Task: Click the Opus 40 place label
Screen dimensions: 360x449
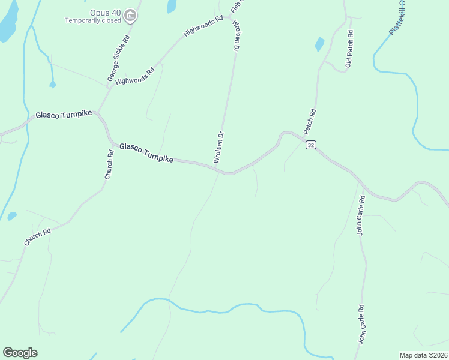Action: [x=105, y=12]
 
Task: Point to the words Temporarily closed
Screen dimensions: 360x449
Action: [x=93, y=20]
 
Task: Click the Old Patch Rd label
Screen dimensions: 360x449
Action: [x=349, y=50]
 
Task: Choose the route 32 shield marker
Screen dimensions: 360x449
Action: [x=310, y=145]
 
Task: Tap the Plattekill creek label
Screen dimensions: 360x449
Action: [x=397, y=18]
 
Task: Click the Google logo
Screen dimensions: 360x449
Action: [x=20, y=353]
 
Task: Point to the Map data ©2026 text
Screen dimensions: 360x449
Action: [x=423, y=355]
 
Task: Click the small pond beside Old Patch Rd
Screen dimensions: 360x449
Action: [x=319, y=44]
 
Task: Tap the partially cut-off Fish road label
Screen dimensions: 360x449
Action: [x=235, y=7]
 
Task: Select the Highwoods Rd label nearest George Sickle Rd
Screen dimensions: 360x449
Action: [x=139, y=76]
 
